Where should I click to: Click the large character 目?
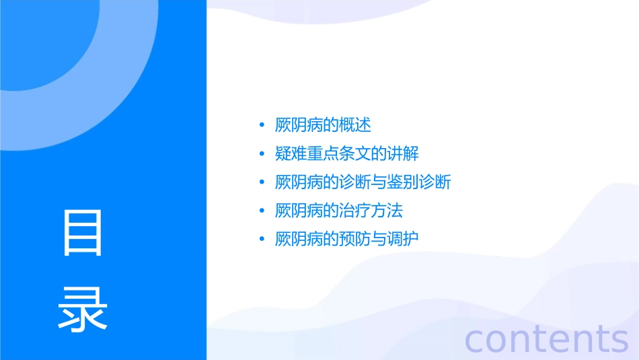(83, 233)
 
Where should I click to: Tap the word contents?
(546, 338)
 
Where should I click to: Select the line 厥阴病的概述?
(323, 125)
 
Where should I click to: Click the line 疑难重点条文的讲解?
(346, 153)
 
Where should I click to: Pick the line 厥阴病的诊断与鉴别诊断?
(363, 182)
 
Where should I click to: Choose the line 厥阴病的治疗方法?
(338, 211)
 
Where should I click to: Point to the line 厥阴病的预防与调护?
(346, 239)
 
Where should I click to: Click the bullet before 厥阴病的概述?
(262, 126)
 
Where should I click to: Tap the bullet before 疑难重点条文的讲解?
(262, 154)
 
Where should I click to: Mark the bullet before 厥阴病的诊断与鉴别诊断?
(262, 182)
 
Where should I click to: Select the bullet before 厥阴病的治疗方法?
(262, 211)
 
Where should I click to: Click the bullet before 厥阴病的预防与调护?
(262, 240)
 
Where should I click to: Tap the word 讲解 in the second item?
(403, 153)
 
